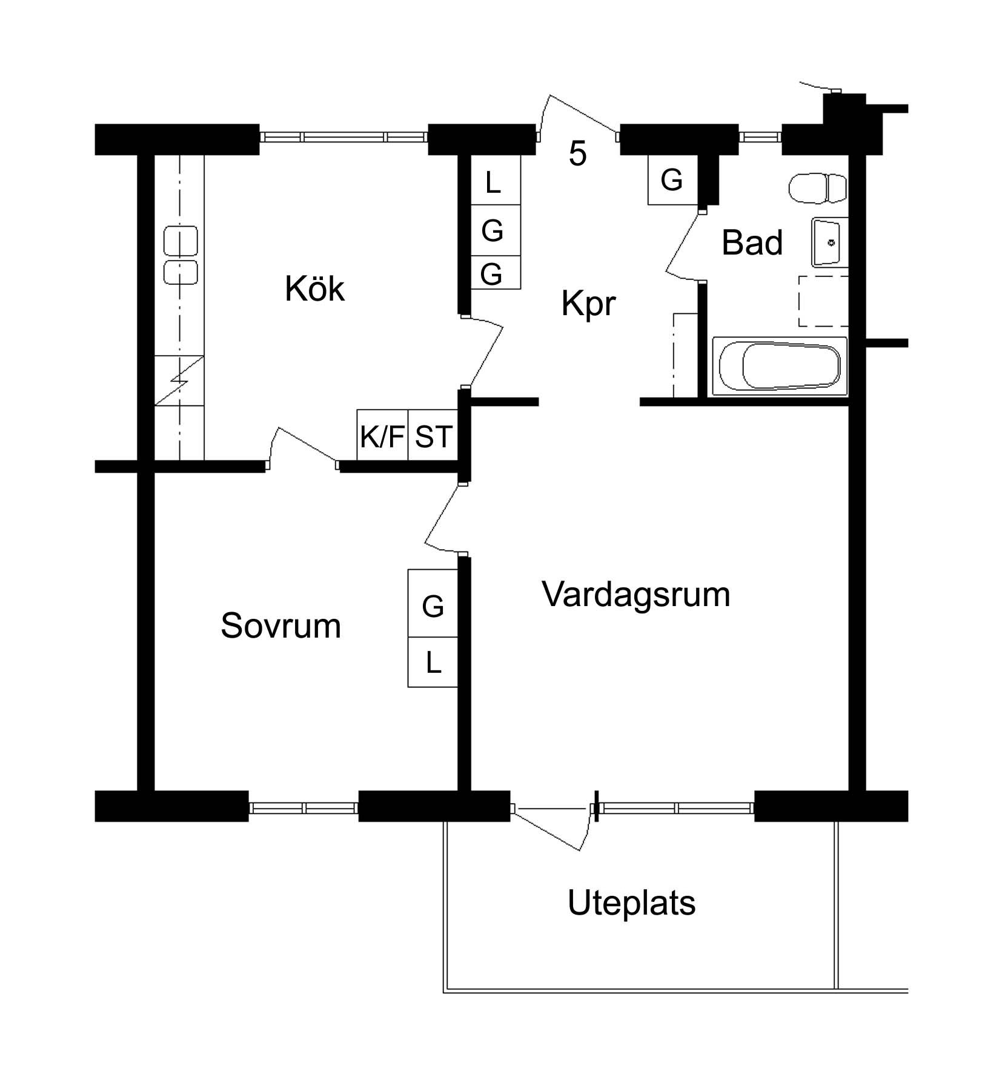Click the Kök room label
314,289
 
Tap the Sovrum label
280,625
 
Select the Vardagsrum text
636,594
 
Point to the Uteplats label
631,903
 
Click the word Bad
752,242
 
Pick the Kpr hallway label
588,304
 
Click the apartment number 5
578,154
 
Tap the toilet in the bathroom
818,188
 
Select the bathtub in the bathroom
780,367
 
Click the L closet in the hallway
496,180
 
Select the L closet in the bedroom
433,662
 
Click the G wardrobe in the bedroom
433,603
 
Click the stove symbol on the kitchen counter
179,380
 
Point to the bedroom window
304,807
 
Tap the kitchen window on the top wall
344,137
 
